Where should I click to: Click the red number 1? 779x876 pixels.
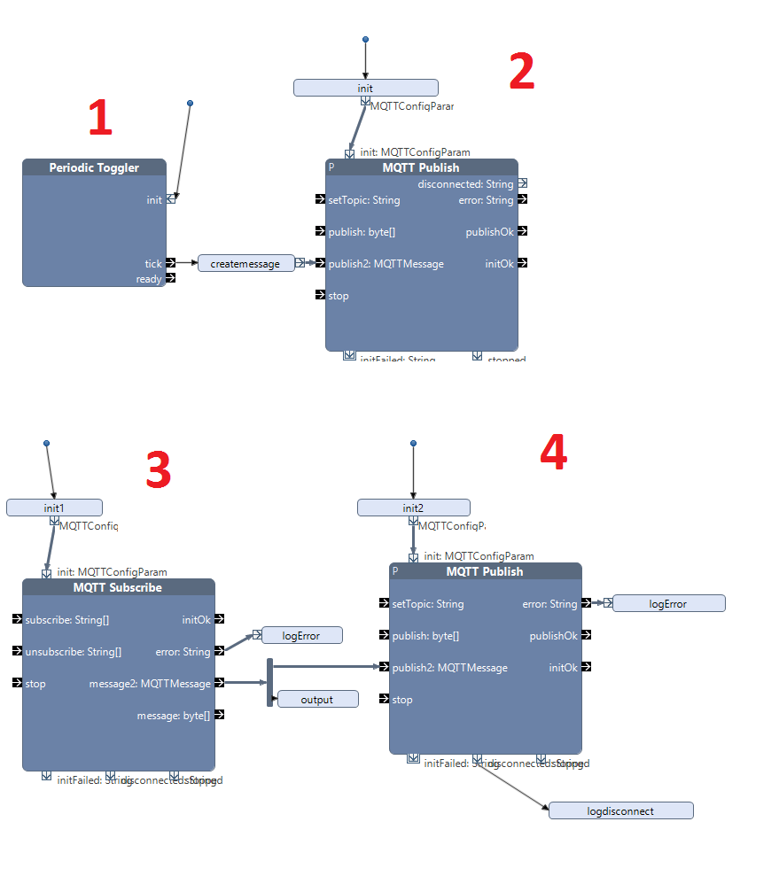coord(100,118)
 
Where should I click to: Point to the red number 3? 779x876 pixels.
coord(158,470)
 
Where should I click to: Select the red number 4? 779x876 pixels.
coord(553,453)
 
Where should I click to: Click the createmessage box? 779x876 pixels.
coord(245,263)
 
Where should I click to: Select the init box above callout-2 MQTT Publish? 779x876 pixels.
coord(365,88)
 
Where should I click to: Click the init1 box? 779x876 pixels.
coord(54,508)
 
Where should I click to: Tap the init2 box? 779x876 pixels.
coord(413,508)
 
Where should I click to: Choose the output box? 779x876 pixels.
coord(317,699)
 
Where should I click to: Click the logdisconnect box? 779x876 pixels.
coord(620,810)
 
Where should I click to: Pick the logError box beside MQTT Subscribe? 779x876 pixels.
coord(300,635)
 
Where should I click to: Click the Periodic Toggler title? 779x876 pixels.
coord(94,167)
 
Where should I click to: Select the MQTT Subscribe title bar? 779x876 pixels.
coord(118,587)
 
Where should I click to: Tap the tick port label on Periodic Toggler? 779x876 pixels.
coord(153,263)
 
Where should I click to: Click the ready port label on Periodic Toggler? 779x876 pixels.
coord(149,279)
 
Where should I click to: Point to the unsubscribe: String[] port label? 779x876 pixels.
coord(74,651)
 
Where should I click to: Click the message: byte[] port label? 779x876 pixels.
coord(173,715)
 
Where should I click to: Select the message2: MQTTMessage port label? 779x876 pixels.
coord(150,683)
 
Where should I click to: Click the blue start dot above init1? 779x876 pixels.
coord(46,443)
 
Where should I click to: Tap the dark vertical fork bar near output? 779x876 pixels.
coord(269,682)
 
